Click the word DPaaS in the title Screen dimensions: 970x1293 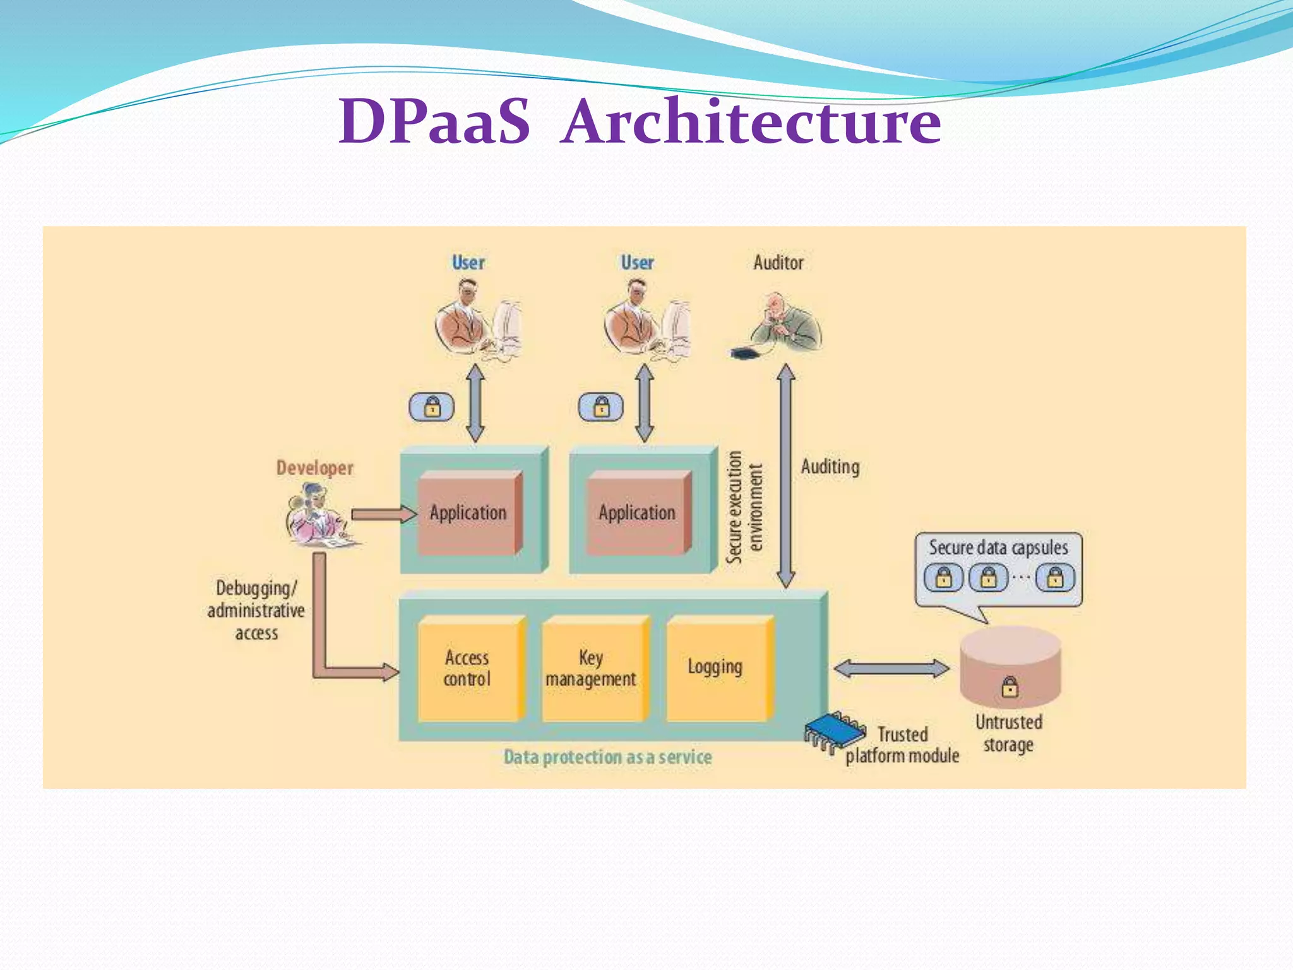click(x=434, y=121)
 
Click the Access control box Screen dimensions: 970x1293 click(x=468, y=669)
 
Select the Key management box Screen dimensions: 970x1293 click(x=592, y=669)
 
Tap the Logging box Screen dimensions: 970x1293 click(x=716, y=668)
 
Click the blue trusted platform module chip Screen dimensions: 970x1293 click(x=835, y=733)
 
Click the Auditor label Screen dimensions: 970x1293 click(x=778, y=263)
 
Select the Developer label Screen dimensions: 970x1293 click(x=314, y=468)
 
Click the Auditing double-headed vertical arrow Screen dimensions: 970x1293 click(x=785, y=477)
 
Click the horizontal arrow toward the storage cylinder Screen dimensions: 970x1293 click(x=891, y=669)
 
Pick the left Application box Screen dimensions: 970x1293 click(x=468, y=513)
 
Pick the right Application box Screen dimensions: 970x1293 click(x=636, y=513)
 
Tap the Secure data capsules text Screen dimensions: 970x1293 click(x=998, y=548)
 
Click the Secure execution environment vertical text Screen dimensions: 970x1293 click(x=744, y=508)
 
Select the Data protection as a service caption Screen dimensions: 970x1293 click(x=607, y=757)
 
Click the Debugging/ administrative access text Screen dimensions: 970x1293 click(x=256, y=610)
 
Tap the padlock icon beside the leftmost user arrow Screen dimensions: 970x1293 click(x=432, y=407)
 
